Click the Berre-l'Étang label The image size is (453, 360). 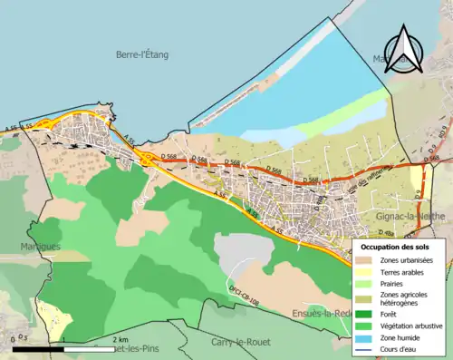pos(141,54)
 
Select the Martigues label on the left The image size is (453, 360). pos(39,246)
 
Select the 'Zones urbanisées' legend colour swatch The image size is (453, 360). pos(364,260)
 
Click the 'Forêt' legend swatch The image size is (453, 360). pos(364,313)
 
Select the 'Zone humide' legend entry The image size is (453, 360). pos(364,336)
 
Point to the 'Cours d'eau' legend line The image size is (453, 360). pos(364,348)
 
